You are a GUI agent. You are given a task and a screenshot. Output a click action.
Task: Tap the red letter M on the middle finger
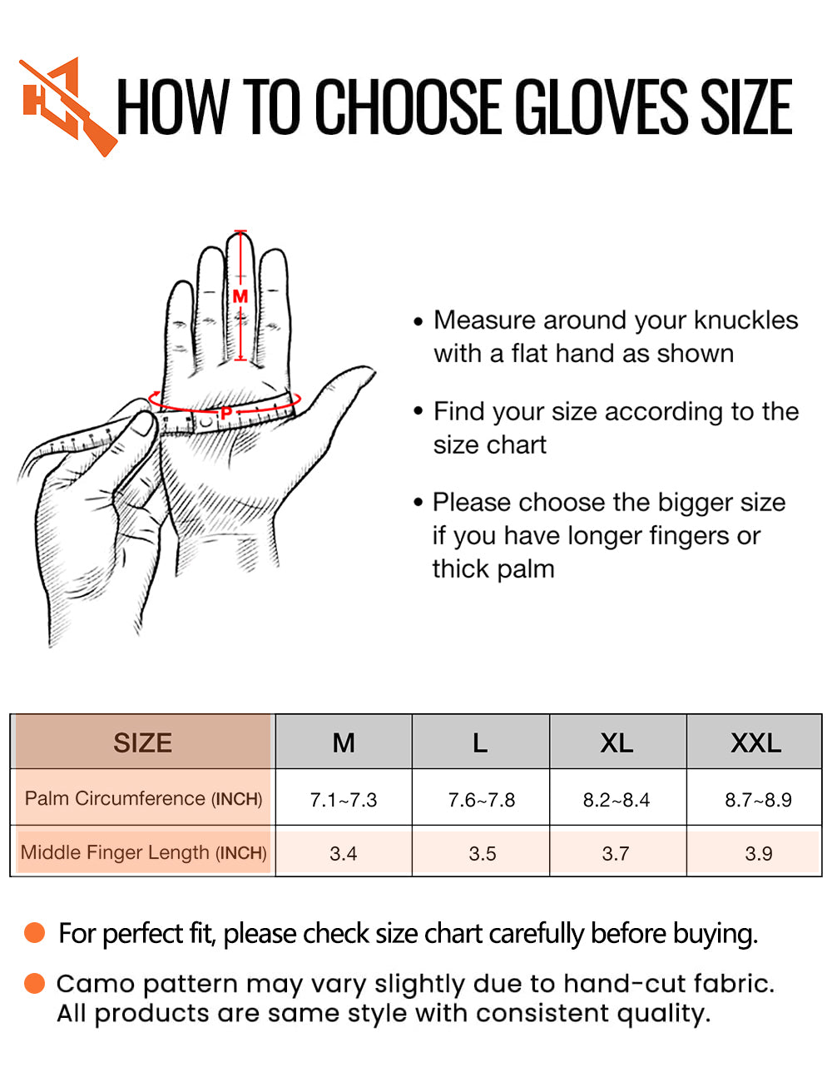tap(240, 296)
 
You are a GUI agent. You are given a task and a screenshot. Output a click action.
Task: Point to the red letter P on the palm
tap(226, 413)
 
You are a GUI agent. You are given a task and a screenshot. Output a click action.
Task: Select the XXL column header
tap(755, 742)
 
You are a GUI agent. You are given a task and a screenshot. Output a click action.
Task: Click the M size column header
tap(344, 742)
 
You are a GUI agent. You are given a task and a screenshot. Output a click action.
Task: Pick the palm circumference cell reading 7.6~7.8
tap(481, 800)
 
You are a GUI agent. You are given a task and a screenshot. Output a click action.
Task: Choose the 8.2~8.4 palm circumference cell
tap(617, 800)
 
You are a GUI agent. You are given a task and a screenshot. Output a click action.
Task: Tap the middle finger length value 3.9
tap(758, 853)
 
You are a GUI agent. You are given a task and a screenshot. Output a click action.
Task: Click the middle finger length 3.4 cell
tap(344, 853)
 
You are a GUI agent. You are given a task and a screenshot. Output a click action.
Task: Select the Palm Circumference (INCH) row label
tap(143, 799)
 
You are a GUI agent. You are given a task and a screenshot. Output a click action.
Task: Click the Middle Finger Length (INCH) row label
tap(143, 853)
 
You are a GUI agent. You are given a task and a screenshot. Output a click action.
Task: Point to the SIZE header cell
tap(143, 742)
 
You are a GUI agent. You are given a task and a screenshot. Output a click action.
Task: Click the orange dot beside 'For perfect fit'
tap(34, 932)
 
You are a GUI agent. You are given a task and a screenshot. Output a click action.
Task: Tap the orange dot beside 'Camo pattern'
tap(34, 983)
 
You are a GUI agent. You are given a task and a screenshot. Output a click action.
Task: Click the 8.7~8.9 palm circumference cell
tap(758, 800)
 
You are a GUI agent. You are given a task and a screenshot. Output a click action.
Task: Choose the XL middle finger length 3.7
tap(616, 853)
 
